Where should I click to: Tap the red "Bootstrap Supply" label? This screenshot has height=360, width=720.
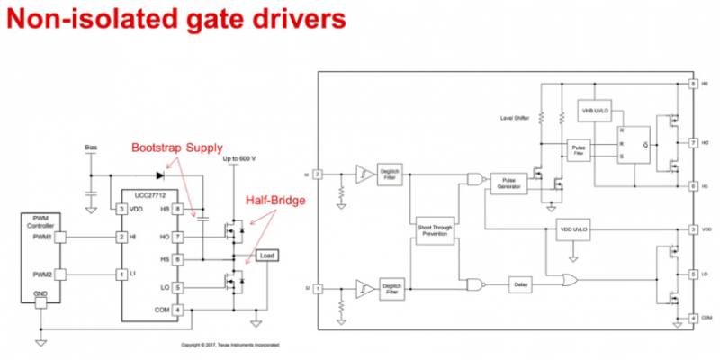click(x=177, y=148)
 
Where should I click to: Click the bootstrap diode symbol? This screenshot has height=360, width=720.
click(x=160, y=175)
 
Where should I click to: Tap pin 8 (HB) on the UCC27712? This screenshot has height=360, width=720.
click(x=177, y=209)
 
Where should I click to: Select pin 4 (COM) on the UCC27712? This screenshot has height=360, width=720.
click(x=177, y=310)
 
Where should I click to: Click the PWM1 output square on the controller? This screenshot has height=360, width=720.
click(x=64, y=237)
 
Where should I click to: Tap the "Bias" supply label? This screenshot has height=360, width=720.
click(x=90, y=145)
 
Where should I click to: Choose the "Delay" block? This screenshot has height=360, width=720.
click(x=523, y=284)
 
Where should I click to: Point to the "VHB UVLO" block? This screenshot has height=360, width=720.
click(x=595, y=109)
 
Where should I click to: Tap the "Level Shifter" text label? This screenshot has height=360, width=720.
click(x=515, y=118)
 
